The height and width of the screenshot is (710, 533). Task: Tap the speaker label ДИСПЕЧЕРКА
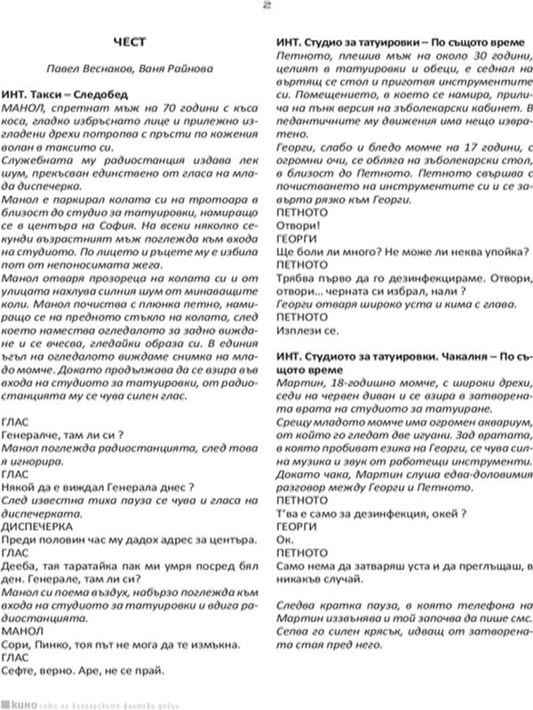(40, 525)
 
